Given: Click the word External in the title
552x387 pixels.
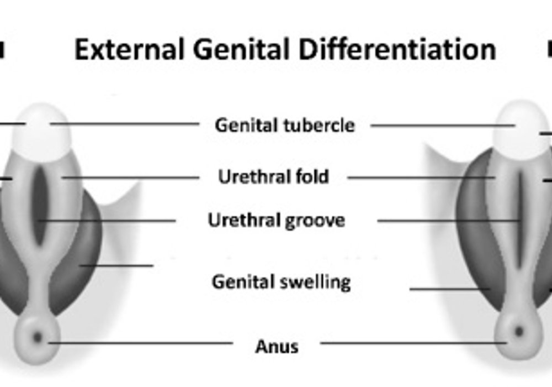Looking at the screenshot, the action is [x=130, y=49].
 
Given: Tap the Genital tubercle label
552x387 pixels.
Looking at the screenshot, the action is [x=285, y=125].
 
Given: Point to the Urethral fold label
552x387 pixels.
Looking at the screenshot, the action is [x=274, y=176].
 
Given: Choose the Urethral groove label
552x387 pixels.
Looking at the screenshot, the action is [x=277, y=221].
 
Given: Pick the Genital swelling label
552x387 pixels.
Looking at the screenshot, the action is [x=282, y=282].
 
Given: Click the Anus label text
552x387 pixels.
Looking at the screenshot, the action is [x=277, y=347].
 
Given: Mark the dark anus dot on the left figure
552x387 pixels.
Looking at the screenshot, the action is [x=38, y=338].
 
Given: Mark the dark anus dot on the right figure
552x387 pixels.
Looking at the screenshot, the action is [x=518, y=332].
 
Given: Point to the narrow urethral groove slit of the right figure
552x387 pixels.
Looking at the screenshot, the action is [x=519, y=218].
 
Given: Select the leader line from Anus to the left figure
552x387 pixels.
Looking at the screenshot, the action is [x=140, y=343].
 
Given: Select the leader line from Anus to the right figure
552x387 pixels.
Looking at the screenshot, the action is [x=413, y=343].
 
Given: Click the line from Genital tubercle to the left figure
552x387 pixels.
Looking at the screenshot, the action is [x=125, y=124].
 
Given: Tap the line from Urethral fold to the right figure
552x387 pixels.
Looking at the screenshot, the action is [x=421, y=177].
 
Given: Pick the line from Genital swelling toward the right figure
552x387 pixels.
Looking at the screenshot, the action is [x=450, y=289].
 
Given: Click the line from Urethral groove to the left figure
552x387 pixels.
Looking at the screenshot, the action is [x=107, y=221].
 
